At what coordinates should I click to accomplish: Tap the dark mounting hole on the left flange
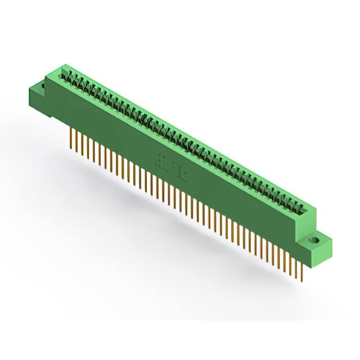click(41, 86)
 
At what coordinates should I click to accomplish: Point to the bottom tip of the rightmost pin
click(303, 280)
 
